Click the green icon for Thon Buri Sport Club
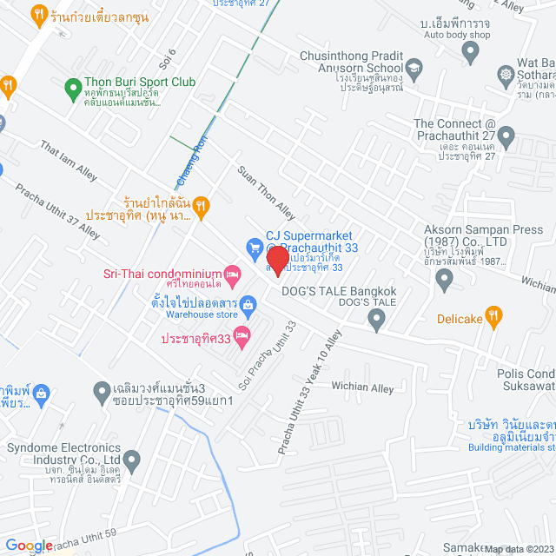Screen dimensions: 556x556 pos(75,88)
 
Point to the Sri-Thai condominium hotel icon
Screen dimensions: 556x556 pos(231,273)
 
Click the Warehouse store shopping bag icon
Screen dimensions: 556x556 pos(248,304)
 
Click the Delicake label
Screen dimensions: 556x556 pos(460,319)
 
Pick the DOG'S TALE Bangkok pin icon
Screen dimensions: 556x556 pos(376,321)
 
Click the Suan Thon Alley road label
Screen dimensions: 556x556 pos(267,193)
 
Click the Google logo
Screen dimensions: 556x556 pos(28,546)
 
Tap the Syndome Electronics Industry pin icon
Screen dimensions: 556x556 pos(132,459)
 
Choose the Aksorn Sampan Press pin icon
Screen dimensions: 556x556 pos(445,280)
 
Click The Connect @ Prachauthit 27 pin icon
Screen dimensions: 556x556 pos(506,136)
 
